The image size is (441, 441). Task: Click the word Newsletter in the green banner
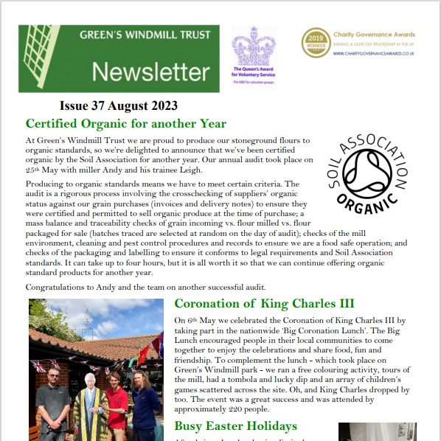(x=150, y=72)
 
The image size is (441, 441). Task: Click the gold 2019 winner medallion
(x=316, y=43)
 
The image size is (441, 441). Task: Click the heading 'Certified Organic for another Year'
(x=125, y=123)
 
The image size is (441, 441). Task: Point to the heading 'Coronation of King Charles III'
(x=264, y=303)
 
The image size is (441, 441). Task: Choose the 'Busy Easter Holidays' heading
(x=235, y=426)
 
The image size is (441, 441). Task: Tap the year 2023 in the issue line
(x=162, y=106)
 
